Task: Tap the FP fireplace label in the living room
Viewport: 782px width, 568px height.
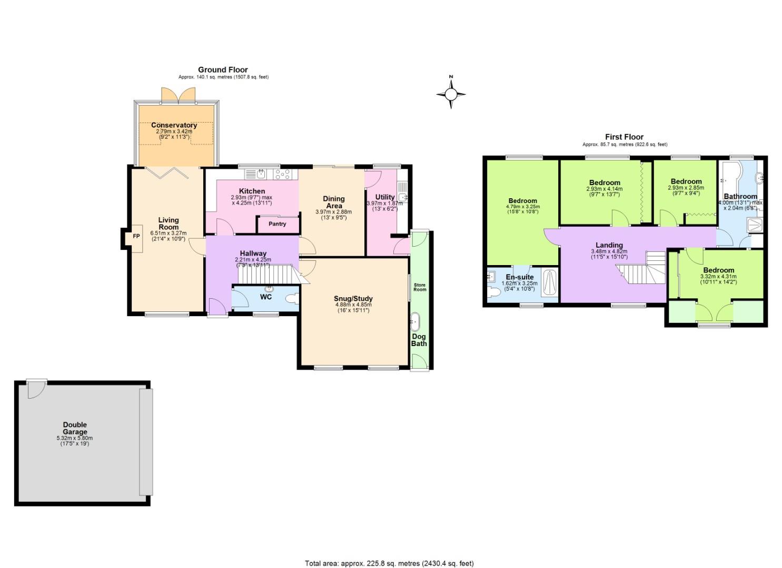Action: [136, 236]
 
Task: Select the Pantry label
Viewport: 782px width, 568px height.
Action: [277, 224]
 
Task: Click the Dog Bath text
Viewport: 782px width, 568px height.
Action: [419, 340]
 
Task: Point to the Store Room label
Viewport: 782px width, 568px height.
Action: [420, 287]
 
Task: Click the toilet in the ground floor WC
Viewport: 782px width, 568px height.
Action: [291, 299]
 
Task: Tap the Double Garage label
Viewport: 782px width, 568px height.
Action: [75, 428]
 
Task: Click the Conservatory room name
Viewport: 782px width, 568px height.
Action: [174, 125]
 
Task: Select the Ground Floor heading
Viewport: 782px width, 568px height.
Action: [223, 69]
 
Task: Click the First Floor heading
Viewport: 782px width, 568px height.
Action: [624, 137]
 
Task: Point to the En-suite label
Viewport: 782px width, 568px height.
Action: [520, 277]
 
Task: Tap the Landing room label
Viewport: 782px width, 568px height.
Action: [609, 245]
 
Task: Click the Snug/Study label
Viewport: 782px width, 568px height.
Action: [353, 299]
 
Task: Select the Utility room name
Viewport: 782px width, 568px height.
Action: [385, 197]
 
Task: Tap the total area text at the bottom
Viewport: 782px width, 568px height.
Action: [385, 563]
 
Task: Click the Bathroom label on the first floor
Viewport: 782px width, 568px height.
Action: [740, 196]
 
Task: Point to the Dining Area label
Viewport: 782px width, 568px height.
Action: [333, 202]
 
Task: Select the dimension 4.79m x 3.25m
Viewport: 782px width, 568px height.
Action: [522, 207]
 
